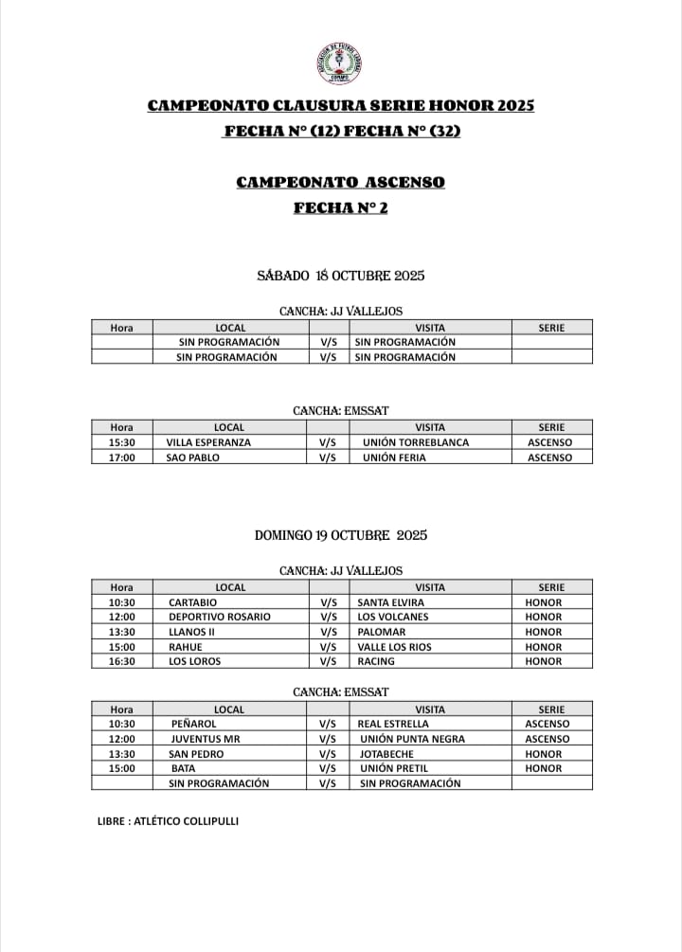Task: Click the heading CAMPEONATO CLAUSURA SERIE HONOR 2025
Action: tap(341, 106)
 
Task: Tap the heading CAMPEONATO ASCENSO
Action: tap(340, 182)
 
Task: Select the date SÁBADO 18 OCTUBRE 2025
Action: tap(340, 276)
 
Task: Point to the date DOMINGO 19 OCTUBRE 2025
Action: tap(341, 535)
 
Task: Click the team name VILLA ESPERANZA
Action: tap(208, 442)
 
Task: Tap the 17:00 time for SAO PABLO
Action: tap(121, 458)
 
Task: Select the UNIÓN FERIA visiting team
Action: tap(394, 458)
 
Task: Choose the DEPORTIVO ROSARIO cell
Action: tap(219, 617)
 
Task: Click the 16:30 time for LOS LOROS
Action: tap(121, 661)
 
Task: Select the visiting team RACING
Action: tap(376, 661)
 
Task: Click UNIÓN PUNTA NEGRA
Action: tap(410, 739)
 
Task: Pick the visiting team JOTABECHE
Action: tap(386, 754)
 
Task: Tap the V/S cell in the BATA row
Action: tap(328, 768)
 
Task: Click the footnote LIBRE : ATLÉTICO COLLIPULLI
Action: tap(168, 820)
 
